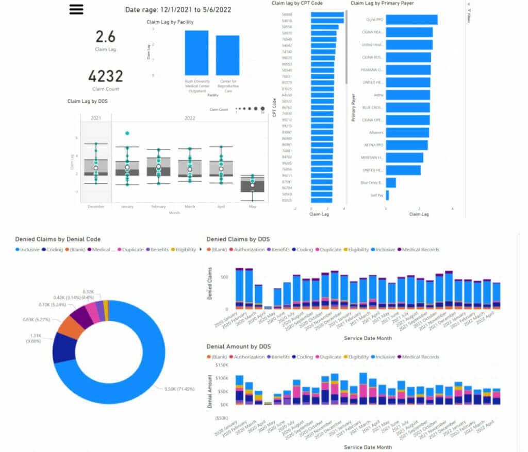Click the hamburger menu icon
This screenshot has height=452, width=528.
pyautogui.click(x=76, y=9)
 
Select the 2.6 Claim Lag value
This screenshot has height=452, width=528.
pyautogui.click(x=105, y=37)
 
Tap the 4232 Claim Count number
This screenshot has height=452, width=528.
pyautogui.click(x=105, y=76)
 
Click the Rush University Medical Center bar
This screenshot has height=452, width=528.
pyautogui.click(x=197, y=53)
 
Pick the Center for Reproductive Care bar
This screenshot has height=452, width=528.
pyautogui.click(x=227, y=56)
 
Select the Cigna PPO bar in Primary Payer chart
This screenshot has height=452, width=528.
pyautogui.click(x=411, y=20)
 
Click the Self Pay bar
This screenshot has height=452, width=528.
pyautogui.click(x=387, y=196)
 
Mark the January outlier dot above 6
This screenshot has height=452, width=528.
pyautogui.click(x=127, y=133)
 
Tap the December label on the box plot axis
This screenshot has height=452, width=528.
pyautogui.click(x=96, y=206)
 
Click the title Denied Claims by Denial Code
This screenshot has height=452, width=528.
pyautogui.click(x=58, y=239)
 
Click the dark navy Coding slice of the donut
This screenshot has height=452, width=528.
pyautogui.click(x=64, y=347)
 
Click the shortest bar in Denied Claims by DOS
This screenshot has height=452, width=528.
pyautogui.click(x=268, y=307)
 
